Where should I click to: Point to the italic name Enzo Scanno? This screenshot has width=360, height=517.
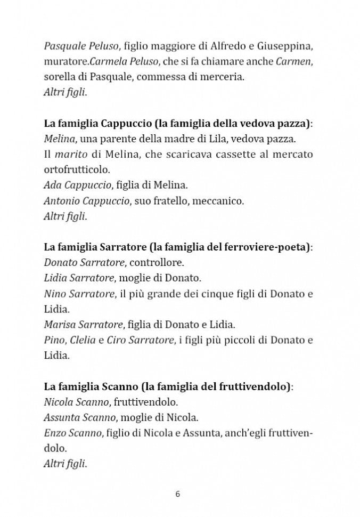[72, 433]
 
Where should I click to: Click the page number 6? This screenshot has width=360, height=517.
[178, 494]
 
